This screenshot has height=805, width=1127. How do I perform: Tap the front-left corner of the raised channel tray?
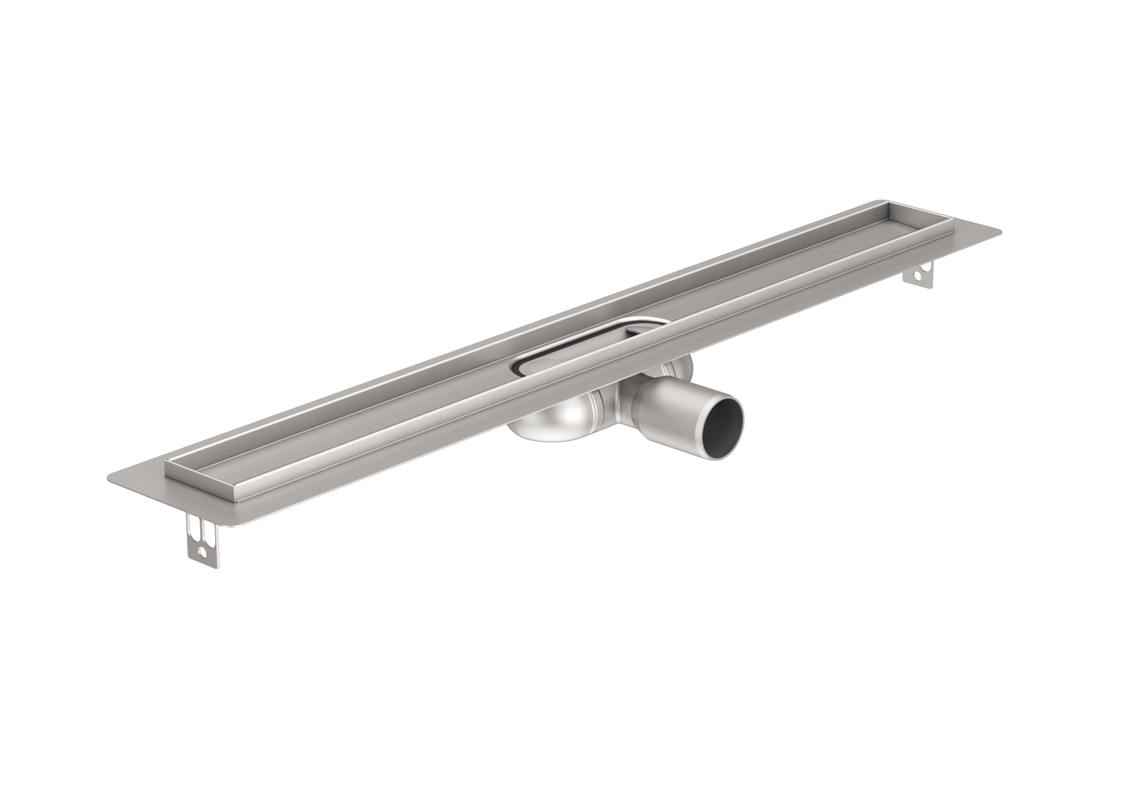click(x=169, y=475)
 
